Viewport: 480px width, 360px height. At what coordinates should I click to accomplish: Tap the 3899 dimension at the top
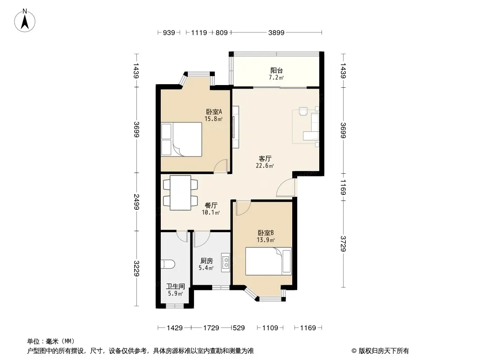point(276,32)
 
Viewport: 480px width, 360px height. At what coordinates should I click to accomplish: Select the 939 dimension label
point(169,32)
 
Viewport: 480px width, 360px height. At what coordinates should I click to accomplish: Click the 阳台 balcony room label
point(276,70)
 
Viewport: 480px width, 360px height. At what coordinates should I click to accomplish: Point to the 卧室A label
point(214,112)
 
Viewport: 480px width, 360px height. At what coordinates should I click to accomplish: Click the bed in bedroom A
point(181,139)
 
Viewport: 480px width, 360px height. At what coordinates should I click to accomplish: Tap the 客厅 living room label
point(265,159)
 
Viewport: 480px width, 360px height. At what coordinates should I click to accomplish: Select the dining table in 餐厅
point(180,193)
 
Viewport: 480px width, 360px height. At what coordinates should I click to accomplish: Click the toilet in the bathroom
point(168,264)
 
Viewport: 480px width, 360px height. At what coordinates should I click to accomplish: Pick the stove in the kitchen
point(226,263)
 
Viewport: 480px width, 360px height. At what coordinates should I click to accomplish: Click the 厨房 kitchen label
point(206,261)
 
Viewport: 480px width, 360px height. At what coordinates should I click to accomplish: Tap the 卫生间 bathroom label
point(176,286)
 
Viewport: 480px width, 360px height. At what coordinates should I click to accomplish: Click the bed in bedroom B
point(268,261)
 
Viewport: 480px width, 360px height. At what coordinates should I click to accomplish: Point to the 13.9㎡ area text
point(266,240)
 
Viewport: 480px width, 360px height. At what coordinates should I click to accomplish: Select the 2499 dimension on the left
point(136,202)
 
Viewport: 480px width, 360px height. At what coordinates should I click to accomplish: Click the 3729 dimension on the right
point(343,244)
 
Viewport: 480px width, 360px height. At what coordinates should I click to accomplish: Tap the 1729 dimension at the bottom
point(211,328)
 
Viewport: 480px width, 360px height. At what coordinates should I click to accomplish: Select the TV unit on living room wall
point(235,127)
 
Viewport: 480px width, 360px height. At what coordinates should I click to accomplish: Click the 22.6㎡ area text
point(265,166)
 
